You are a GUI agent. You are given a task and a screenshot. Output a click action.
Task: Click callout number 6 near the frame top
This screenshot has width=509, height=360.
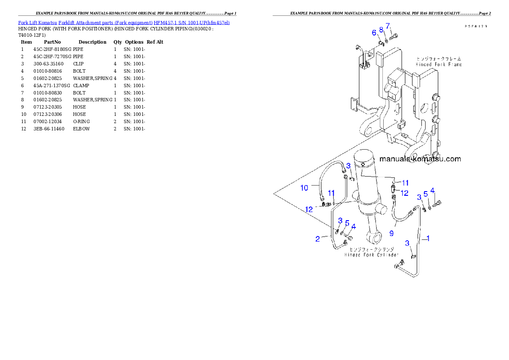coord(374,32)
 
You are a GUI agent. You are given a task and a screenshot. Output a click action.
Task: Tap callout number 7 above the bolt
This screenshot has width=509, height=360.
coord(388,26)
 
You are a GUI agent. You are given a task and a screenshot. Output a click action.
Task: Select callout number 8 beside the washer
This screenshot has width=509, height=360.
coord(381,30)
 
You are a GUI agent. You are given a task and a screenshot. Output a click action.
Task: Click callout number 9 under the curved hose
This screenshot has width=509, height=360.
coord(391,233)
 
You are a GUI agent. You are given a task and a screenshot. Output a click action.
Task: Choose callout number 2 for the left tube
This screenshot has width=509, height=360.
coord(317,239)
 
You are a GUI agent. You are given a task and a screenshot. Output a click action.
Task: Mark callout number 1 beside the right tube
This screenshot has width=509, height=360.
coord(428,239)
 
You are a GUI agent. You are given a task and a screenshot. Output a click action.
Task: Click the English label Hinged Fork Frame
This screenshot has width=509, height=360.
coord(438,64)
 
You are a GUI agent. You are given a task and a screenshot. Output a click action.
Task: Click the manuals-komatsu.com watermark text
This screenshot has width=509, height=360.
coord(420,159)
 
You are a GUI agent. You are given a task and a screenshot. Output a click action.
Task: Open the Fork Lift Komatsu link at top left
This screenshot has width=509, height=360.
coord(124,22)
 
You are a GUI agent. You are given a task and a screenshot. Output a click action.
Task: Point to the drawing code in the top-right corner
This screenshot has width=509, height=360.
coord(476,26)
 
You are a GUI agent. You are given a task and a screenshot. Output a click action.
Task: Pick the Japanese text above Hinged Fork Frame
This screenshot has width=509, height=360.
coord(438,58)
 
